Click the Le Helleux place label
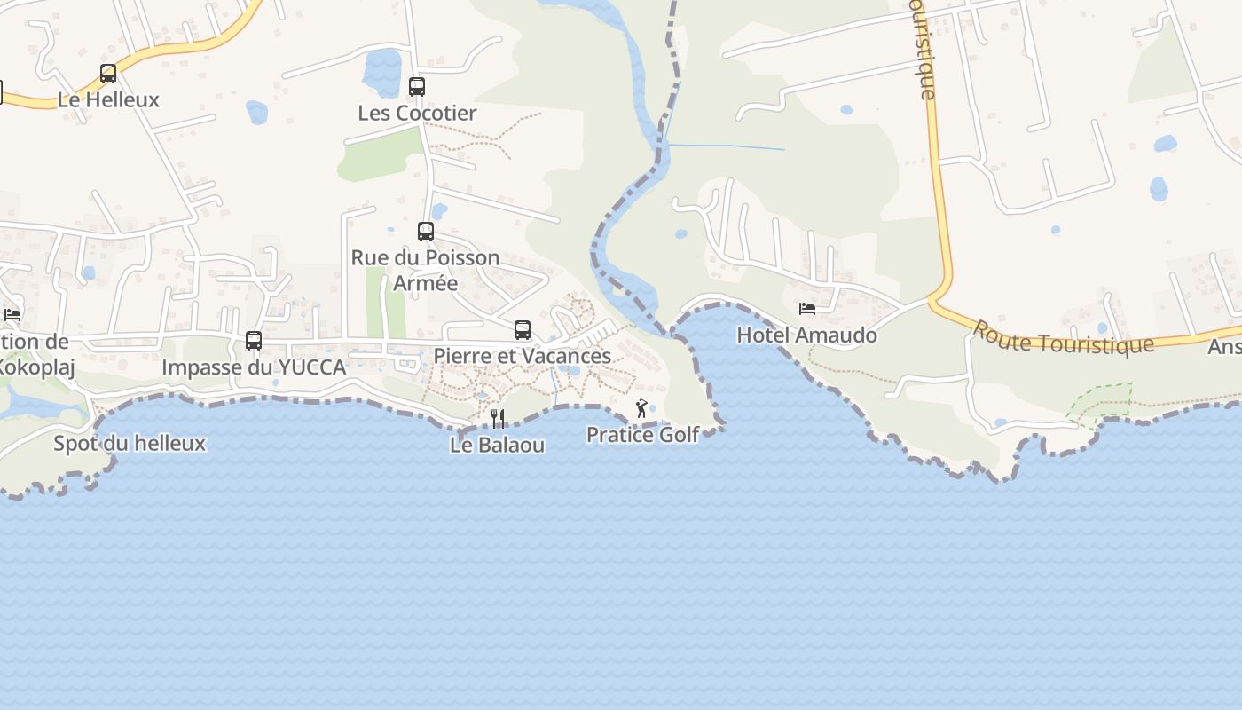tap(108, 99)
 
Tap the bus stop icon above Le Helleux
tap(108, 74)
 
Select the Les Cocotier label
tap(417, 113)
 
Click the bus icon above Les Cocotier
tap(417, 87)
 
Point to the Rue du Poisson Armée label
tap(426, 270)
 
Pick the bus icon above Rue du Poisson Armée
tap(426, 232)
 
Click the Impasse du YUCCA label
tap(254, 367)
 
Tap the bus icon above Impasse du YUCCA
tap(254, 341)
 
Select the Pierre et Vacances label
tap(523, 356)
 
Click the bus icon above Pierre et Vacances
tap(523, 330)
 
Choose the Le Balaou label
tap(497, 445)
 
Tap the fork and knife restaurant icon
tap(498, 418)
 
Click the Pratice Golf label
tap(642, 435)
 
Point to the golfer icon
tap(641, 408)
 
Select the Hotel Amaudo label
tap(806, 335)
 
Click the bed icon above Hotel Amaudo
tap(807, 309)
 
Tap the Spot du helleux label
tap(130, 443)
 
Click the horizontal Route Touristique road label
tap(1063, 338)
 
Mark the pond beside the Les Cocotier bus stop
tap(382, 71)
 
